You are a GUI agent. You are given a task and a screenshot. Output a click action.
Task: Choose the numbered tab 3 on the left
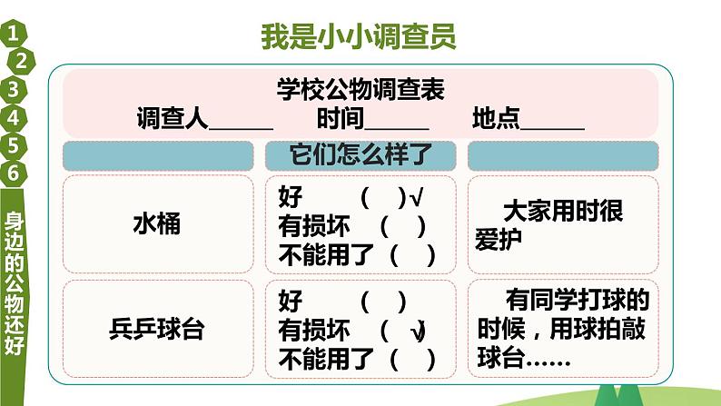13,90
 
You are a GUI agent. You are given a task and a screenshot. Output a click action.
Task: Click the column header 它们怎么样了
359,155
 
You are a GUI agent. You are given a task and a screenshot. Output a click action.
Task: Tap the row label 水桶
156,223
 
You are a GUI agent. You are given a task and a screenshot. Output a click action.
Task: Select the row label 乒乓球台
156,329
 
